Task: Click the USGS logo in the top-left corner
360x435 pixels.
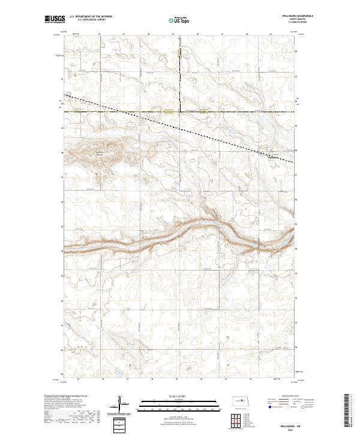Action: (53, 19)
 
